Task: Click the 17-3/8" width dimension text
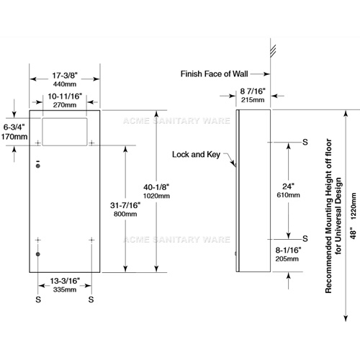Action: pyautogui.click(x=65, y=76)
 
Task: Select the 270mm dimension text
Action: pyautogui.click(x=65, y=105)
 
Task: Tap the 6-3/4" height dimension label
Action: pyautogui.click(x=14, y=127)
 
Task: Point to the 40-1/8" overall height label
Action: pyautogui.click(x=156, y=187)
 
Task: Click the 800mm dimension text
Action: pyautogui.click(x=125, y=214)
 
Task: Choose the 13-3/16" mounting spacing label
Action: pyautogui.click(x=65, y=281)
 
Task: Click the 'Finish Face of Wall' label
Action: pyautogui.click(x=214, y=74)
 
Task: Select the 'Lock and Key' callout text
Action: pyautogui.click(x=196, y=155)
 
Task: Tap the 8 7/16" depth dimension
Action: pyautogui.click(x=253, y=91)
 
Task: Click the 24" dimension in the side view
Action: pyautogui.click(x=288, y=186)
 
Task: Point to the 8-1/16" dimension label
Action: pyautogui.click(x=288, y=250)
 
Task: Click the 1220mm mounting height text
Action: pyautogui.click(x=354, y=206)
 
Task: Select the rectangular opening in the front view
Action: pyautogui.click(x=65, y=132)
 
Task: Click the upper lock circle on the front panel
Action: pyautogui.click(x=38, y=166)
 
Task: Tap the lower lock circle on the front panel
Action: pyautogui.click(x=38, y=254)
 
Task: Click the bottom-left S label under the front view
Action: pyautogui.click(x=38, y=300)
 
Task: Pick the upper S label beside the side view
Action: pyautogui.click(x=305, y=142)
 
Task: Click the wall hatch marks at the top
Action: pyautogui.click(x=273, y=50)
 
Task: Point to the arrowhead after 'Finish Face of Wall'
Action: pyautogui.click(x=266, y=74)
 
